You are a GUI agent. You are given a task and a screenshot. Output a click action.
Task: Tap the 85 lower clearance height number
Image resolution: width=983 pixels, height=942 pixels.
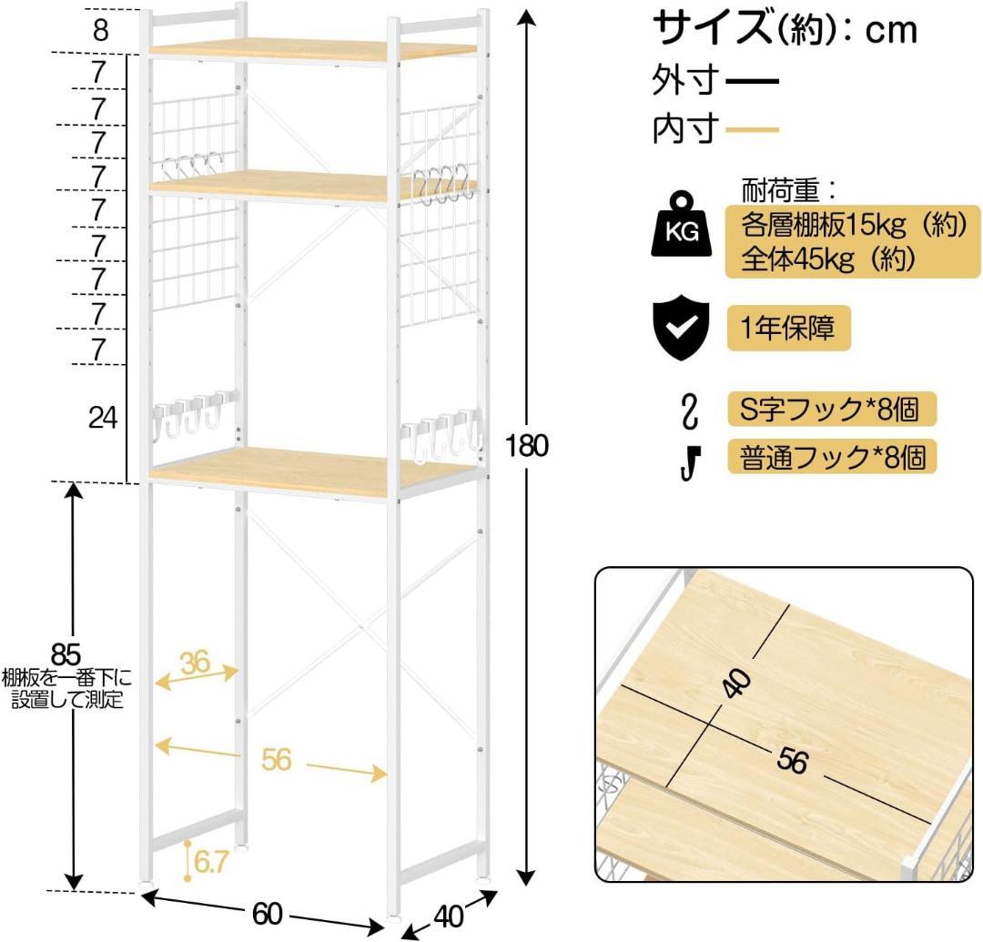(x=66, y=653)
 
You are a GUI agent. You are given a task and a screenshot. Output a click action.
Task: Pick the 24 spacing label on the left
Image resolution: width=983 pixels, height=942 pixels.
(x=103, y=418)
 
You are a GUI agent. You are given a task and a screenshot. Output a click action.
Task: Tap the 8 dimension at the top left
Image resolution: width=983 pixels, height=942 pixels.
(x=101, y=30)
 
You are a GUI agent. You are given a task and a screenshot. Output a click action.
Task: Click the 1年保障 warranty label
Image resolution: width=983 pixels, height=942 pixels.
(x=788, y=328)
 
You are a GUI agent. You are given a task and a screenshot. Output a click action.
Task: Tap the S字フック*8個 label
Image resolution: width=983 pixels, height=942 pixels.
(x=830, y=409)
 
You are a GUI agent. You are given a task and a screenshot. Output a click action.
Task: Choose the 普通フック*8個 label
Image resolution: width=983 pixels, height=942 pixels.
(x=831, y=455)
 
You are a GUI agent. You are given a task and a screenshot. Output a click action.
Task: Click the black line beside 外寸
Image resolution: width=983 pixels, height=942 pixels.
(x=753, y=83)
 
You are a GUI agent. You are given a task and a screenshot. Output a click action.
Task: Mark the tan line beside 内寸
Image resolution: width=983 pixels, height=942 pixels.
(x=753, y=130)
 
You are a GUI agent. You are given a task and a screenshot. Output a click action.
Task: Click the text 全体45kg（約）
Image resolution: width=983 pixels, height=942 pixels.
(x=827, y=259)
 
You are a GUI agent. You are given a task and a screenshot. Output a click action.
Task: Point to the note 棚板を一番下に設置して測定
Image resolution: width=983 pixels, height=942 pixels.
(x=66, y=689)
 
